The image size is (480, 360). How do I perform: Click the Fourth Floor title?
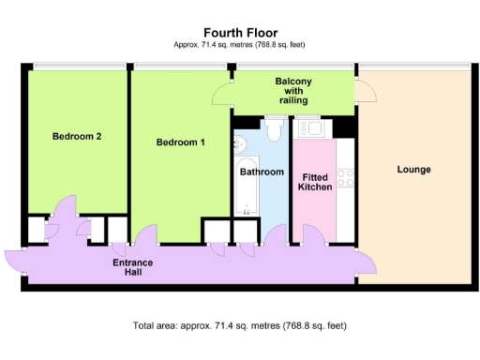240,33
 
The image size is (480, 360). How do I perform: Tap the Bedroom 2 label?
77,136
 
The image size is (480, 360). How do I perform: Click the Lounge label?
413,170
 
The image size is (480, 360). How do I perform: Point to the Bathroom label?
262,172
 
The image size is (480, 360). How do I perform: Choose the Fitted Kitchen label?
315,182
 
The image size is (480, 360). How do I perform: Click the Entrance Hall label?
132,267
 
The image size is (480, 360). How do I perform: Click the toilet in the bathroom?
274,129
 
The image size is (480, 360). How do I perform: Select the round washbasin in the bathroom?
239,143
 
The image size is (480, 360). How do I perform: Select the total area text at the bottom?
240,325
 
